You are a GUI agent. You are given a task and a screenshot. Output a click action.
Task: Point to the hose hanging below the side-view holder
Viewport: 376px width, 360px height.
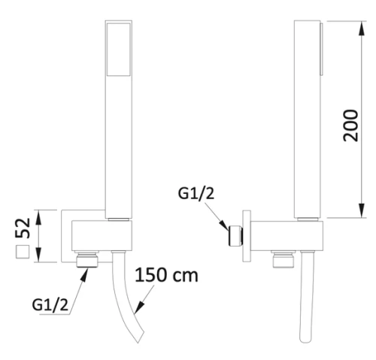tap(305, 308)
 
